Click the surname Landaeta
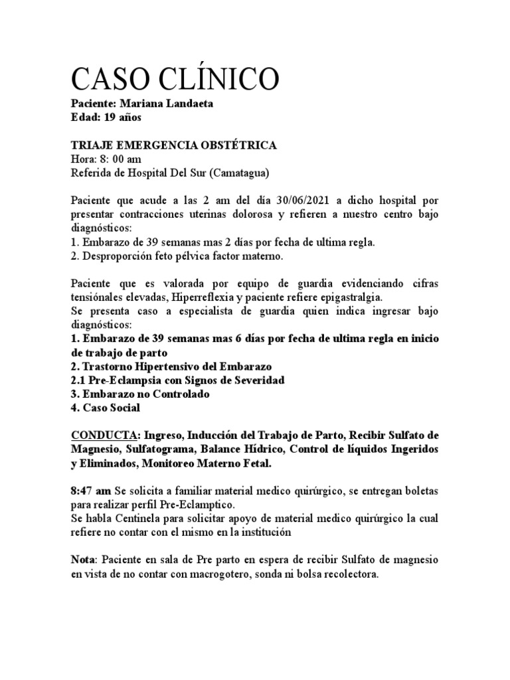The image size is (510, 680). point(189,104)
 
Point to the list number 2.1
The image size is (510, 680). point(78,380)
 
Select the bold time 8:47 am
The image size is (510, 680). point(90,491)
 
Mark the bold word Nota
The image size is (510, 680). point(84,560)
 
